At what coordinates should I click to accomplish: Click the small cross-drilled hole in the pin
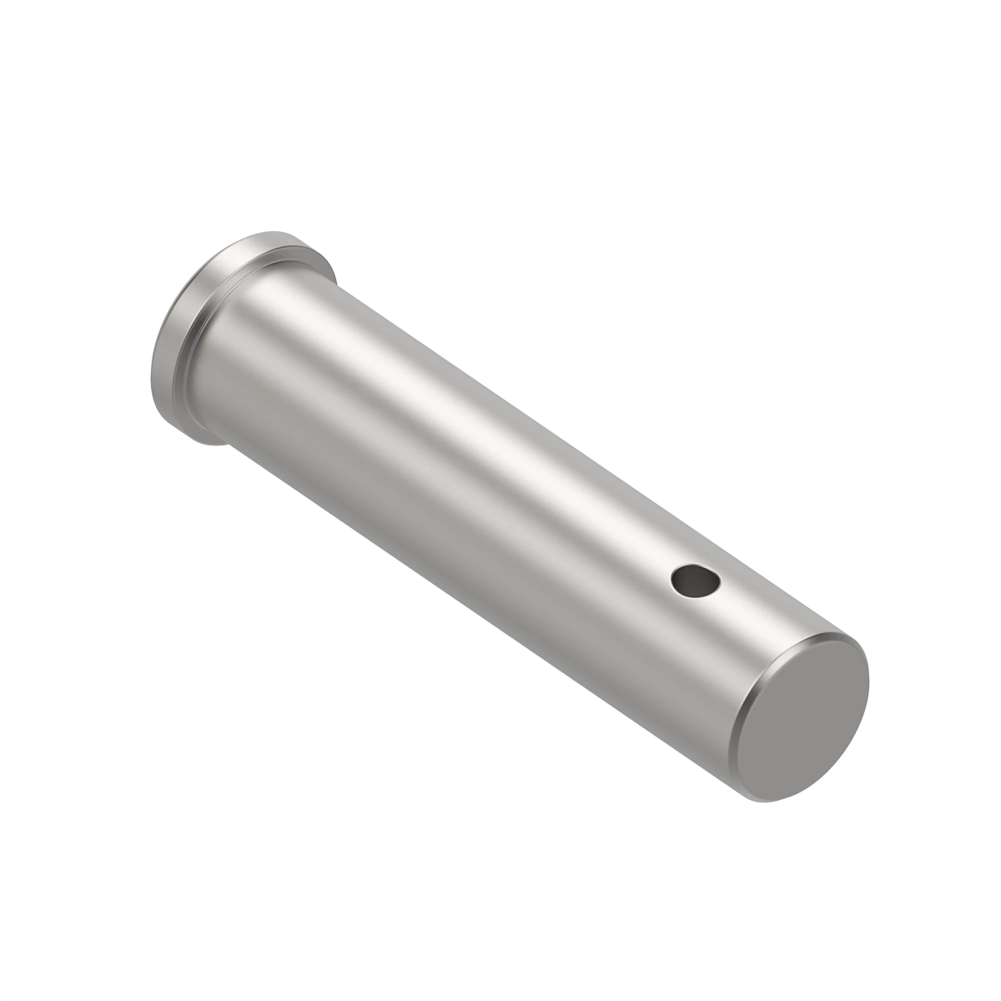tap(695, 581)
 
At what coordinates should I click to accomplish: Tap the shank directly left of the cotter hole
tap(642, 576)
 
